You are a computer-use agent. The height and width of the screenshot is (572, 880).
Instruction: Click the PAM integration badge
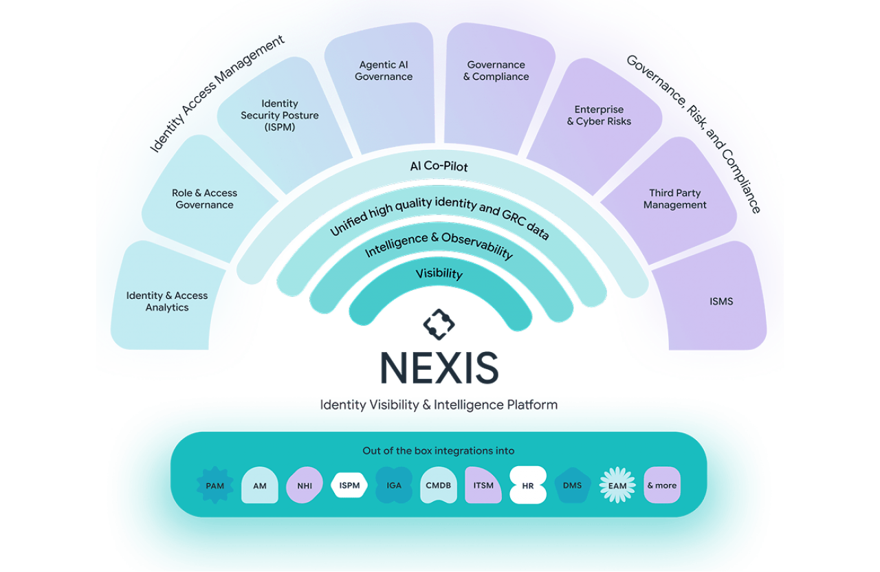pyautogui.click(x=215, y=485)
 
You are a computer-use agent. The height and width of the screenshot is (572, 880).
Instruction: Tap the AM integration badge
pyautogui.click(x=260, y=485)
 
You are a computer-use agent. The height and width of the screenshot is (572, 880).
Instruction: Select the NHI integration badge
pyautogui.click(x=305, y=485)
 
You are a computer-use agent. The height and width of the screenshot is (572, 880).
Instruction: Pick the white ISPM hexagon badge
pyautogui.click(x=349, y=485)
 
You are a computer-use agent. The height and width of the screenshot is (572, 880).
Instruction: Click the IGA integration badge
pyautogui.click(x=394, y=485)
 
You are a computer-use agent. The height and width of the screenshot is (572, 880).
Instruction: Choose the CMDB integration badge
pyautogui.click(x=439, y=485)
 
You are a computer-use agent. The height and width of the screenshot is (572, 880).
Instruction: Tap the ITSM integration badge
pyautogui.click(x=483, y=485)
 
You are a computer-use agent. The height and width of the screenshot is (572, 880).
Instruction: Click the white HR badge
pyautogui.click(x=528, y=485)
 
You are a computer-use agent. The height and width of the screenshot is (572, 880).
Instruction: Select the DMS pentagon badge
pyautogui.click(x=573, y=485)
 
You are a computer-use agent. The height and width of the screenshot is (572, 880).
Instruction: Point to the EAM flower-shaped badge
pyautogui.click(x=617, y=485)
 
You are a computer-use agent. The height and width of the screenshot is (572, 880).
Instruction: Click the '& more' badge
pyautogui.click(x=662, y=485)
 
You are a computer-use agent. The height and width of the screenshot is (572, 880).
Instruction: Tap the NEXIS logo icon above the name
pyautogui.click(x=439, y=325)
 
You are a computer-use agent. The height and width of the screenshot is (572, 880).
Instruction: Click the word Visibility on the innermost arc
pyautogui.click(x=439, y=274)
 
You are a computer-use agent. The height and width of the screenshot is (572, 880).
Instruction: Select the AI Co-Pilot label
pyautogui.click(x=439, y=166)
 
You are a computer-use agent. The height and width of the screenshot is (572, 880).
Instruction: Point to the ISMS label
pyautogui.click(x=721, y=301)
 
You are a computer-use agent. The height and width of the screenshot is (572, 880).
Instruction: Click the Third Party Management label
pyautogui.click(x=675, y=199)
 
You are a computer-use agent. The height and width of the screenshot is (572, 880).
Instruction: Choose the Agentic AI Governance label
pyautogui.click(x=384, y=71)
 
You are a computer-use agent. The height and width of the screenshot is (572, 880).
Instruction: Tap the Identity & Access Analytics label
pyautogui.click(x=167, y=301)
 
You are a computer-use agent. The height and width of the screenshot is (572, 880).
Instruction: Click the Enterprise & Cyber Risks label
pyautogui.click(x=599, y=115)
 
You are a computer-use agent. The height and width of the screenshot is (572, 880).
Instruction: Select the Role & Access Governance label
pyautogui.click(x=204, y=199)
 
